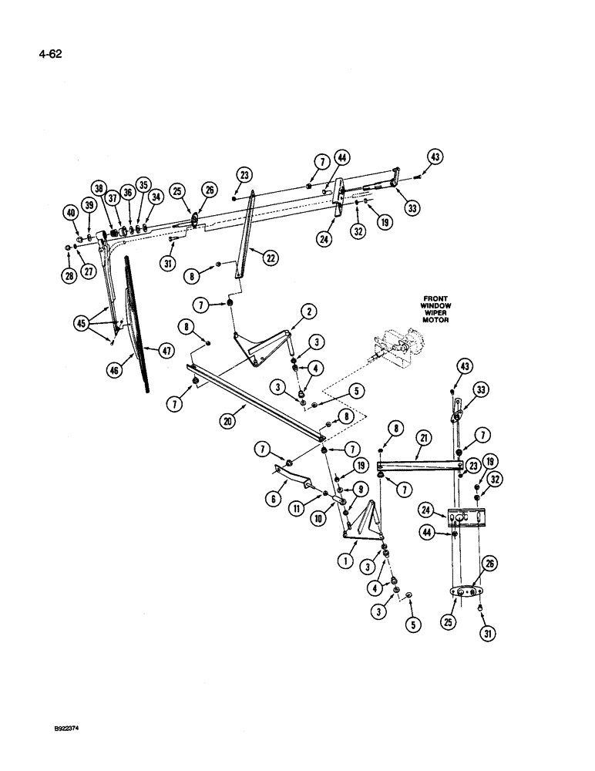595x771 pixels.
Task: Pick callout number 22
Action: (x=269, y=258)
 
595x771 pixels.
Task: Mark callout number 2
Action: (x=308, y=311)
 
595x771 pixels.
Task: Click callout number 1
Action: (x=344, y=563)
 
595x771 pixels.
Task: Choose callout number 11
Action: (x=295, y=511)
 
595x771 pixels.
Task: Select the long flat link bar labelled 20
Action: (x=254, y=402)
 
